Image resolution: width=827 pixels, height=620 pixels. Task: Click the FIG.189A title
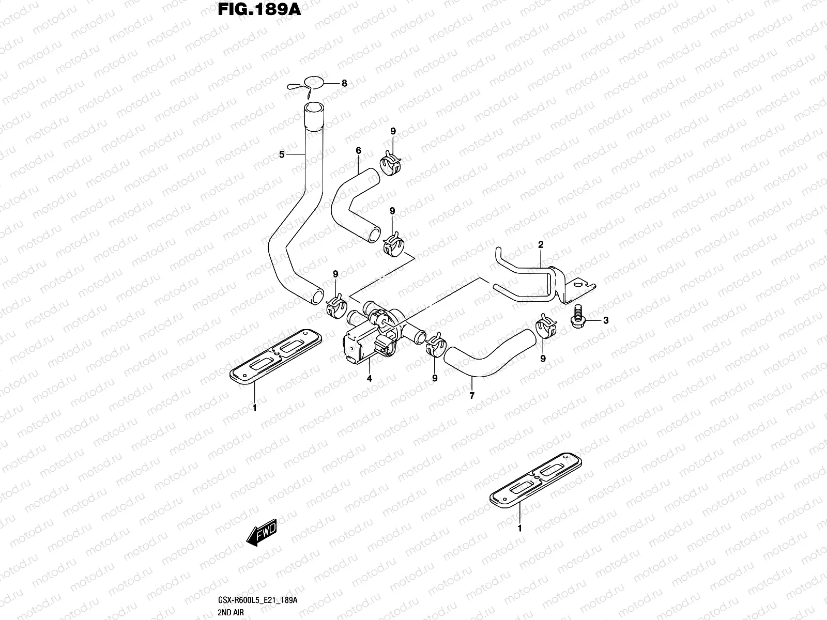point(259,9)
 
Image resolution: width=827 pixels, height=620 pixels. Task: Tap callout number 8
point(344,83)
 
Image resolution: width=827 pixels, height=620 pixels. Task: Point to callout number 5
point(282,154)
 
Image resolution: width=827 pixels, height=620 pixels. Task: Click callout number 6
point(358,150)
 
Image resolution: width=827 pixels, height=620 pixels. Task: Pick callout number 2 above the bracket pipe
point(541,244)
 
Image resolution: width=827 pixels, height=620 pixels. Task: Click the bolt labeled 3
point(577,317)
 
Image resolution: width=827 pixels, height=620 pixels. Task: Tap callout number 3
point(606,320)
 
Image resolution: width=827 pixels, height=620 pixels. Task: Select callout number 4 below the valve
point(369,378)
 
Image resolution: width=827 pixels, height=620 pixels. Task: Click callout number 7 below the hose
point(472,395)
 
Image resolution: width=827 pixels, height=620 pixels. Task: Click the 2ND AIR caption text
point(231,612)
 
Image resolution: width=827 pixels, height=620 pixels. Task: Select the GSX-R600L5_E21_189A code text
point(258,600)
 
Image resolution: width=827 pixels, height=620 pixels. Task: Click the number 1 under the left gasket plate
point(254,407)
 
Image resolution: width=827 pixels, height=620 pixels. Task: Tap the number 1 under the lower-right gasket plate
point(519,528)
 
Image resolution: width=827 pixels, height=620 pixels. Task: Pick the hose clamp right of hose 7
point(546,326)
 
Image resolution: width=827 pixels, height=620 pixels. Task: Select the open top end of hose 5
point(313,108)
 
